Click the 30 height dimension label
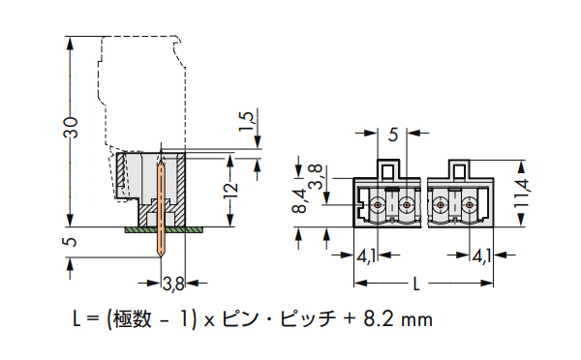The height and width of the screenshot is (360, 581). [71, 128]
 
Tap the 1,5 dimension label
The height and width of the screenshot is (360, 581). [246, 121]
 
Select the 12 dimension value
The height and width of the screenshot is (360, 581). [230, 191]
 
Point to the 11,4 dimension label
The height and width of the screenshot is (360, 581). [521, 194]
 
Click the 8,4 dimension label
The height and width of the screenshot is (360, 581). [299, 200]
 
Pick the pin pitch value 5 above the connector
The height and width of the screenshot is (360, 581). [393, 135]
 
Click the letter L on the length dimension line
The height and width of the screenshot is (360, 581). [416, 285]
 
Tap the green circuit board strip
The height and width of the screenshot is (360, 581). [165, 230]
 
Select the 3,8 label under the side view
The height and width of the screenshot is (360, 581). [173, 285]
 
